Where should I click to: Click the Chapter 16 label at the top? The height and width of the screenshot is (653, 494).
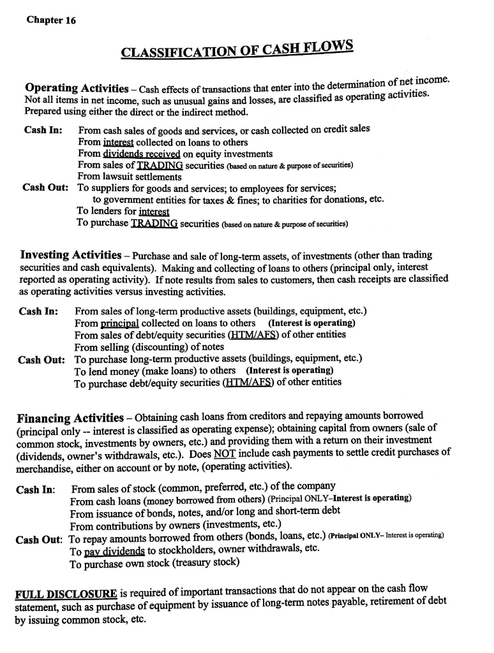pyautogui.click(x=51, y=20)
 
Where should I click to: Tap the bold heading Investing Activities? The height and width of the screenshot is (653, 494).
pyautogui.click(x=71, y=256)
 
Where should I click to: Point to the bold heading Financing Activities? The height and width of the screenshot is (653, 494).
pyautogui.click(x=70, y=418)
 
